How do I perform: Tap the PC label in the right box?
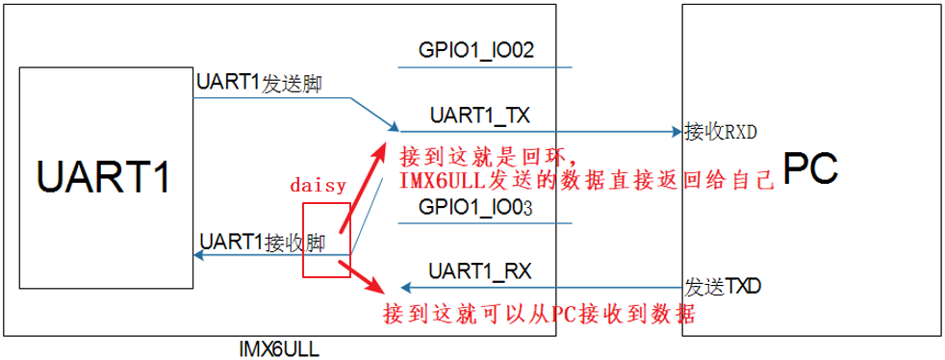click(x=809, y=168)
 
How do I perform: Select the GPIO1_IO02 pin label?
click(x=475, y=50)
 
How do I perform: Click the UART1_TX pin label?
click(x=479, y=116)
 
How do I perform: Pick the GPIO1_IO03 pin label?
click(x=475, y=207)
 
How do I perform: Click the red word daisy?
click(x=318, y=186)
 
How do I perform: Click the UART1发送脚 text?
click(x=258, y=84)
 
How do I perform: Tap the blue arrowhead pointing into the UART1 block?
click(x=199, y=255)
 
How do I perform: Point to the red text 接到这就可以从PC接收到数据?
click(x=539, y=314)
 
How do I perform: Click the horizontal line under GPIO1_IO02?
click(x=485, y=67)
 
